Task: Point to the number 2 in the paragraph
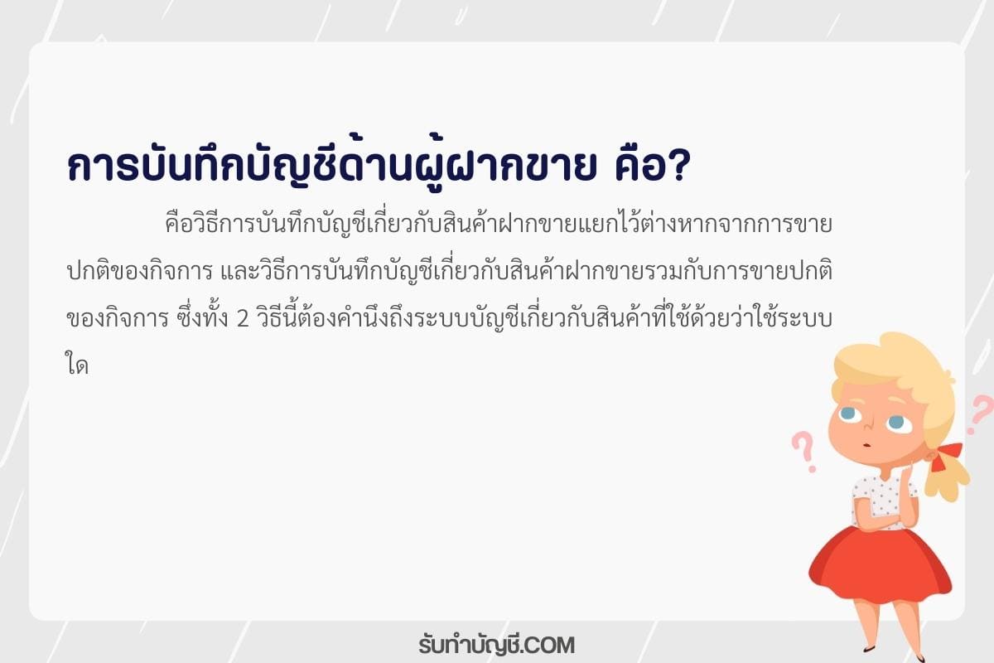pos(243,319)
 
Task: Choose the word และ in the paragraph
pos(239,272)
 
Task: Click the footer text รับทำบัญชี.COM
pos(496,646)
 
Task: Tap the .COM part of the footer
pos(548,646)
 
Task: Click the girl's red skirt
pos(880,563)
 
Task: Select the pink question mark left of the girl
pos(804,451)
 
